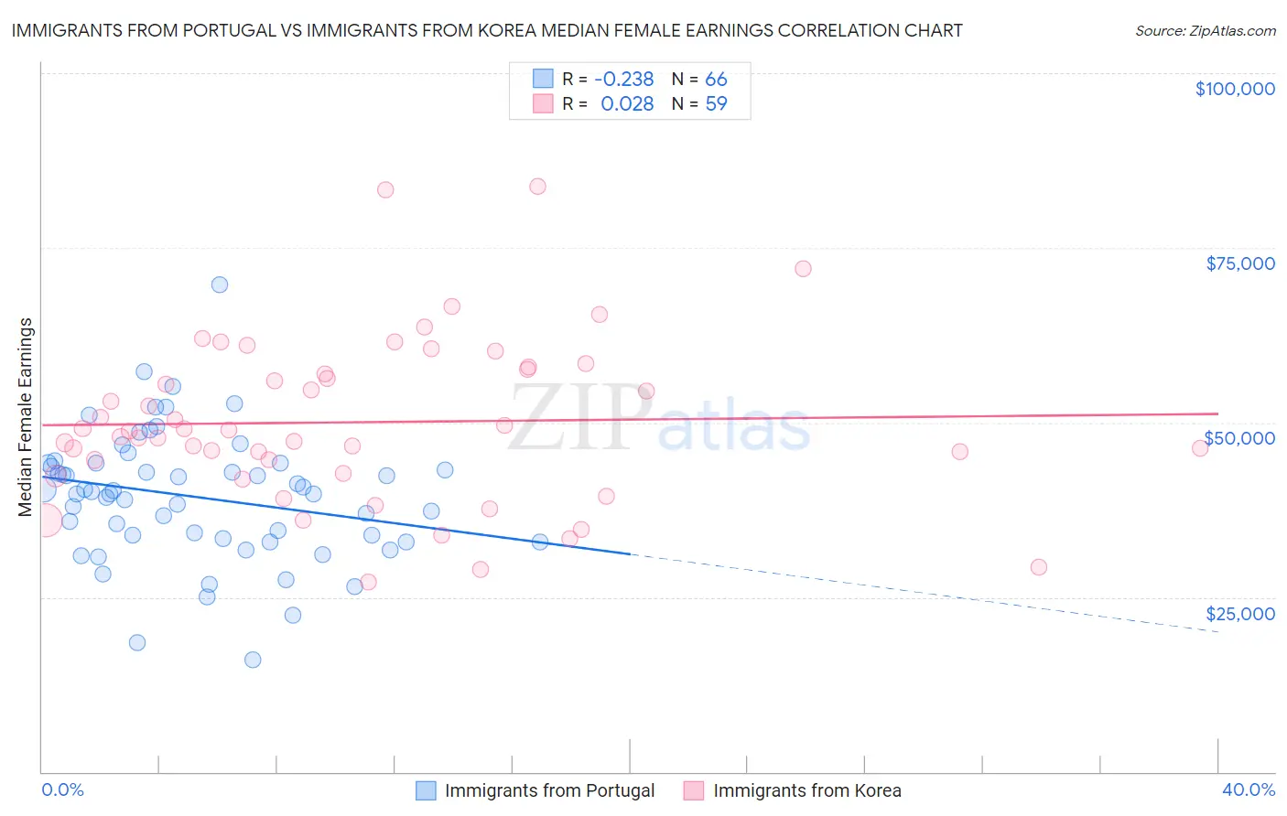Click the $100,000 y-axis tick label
tap(1234, 89)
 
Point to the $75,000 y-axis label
tap(1239, 263)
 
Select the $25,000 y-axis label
tap(1239, 614)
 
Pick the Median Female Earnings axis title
tap(26, 417)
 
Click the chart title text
tap(487, 30)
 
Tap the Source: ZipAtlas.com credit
tap(1205, 30)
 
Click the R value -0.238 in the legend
tap(623, 80)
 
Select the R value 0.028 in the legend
tap(627, 104)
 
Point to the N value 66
tap(716, 80)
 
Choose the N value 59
tap(716, 104)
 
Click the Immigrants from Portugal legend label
tap(549, 790)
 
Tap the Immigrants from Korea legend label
tap(806, 790)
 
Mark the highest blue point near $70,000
tap(220, 285)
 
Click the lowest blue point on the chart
tap(253, 660)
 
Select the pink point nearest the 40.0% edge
tap(1199, 448)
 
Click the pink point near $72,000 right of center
tap(803, 269)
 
